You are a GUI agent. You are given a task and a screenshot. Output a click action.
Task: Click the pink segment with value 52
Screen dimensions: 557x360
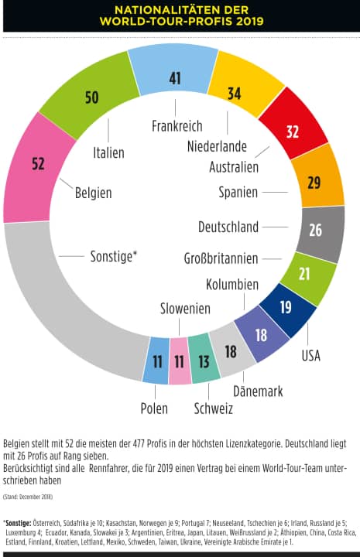tap(39, 164)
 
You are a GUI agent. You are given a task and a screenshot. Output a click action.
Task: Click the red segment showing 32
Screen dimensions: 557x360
tap(292, 131)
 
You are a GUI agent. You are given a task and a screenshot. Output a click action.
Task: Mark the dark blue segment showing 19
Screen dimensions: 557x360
tap(286, 306)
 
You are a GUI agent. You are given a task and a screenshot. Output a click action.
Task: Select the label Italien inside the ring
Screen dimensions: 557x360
tap(108, 152)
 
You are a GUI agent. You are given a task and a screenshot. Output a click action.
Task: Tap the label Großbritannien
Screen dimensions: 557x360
tap(221, 258)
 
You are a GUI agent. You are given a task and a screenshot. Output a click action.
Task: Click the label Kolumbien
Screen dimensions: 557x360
tap(231, 284)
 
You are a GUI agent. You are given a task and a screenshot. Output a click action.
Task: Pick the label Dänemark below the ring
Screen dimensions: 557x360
tap(257, 392)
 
